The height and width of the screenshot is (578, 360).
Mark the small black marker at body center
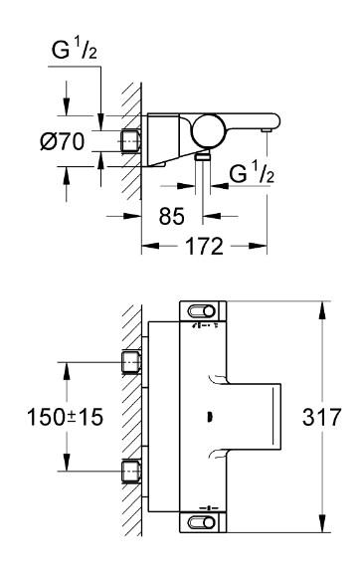208,417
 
